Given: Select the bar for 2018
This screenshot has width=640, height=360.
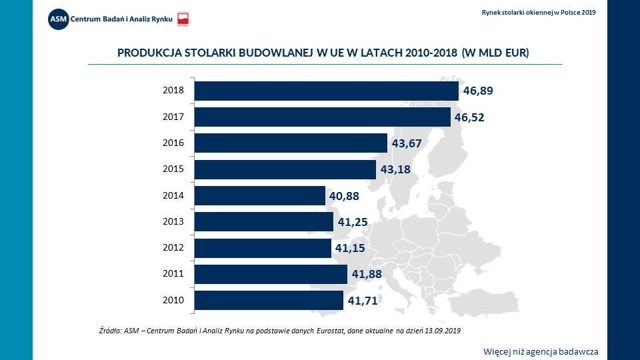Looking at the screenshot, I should pos(327,91).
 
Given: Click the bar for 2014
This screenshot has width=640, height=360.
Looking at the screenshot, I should pos(260,195).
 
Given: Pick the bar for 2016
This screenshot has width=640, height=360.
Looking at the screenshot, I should pos(291,143).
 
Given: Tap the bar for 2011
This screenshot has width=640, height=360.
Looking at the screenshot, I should pos(271,274).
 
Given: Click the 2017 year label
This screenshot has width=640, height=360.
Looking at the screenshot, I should pos(173,117).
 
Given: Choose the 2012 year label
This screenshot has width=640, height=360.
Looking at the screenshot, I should pos(173,248).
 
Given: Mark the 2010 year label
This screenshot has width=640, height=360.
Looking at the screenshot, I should pos(173,300).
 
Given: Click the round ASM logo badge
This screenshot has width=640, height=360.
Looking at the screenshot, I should pos(58,18).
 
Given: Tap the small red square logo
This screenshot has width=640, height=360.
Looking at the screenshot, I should pos(184,19).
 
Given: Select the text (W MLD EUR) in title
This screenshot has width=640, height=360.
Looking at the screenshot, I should pos(496,53).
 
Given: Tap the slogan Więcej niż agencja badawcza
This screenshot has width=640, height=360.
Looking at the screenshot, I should pos(541,351).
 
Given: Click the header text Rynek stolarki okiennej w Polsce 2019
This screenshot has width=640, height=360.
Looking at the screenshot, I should pos(539,12).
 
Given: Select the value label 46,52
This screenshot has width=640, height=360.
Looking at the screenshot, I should pos(469,118).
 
